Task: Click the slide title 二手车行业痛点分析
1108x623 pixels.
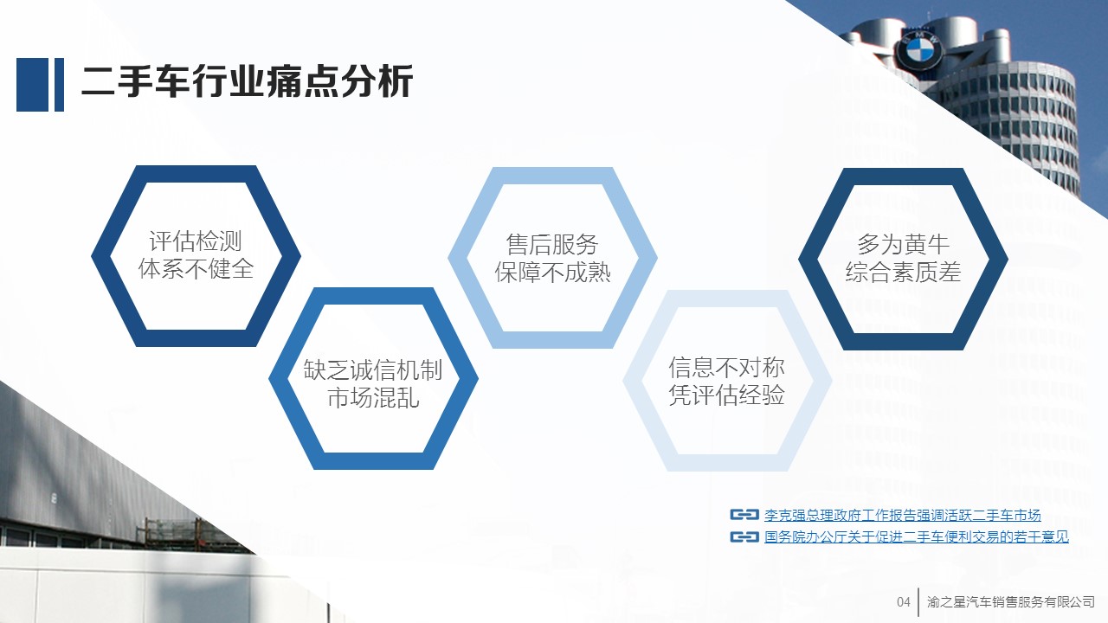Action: [247, 82]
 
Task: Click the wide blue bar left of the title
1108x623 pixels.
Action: [33, 85]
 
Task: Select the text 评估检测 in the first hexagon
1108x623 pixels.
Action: [196, 241]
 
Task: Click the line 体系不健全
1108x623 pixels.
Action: [196, 268]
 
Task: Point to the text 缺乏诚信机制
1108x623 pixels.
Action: [373, 369]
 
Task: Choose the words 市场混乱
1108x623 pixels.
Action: [373, 397]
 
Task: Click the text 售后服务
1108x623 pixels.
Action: [552, 244]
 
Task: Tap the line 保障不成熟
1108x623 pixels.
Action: [552, 272]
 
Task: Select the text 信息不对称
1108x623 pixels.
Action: [726, 368]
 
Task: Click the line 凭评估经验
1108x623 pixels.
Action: [726, 395]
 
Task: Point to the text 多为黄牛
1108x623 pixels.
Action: [903, 244]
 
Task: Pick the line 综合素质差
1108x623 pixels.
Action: [903, 272]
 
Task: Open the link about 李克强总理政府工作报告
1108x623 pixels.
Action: [902, 515]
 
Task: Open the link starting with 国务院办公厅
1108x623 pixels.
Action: [916, 536]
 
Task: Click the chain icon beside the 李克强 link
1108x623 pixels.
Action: [744, 515]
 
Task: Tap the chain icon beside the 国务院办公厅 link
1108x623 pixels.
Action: [744, 536]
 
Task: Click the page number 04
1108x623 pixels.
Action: [903, 601]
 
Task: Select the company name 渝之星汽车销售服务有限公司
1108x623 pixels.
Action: [1010, 601]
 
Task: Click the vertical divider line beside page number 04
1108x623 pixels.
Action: [918, 601]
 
